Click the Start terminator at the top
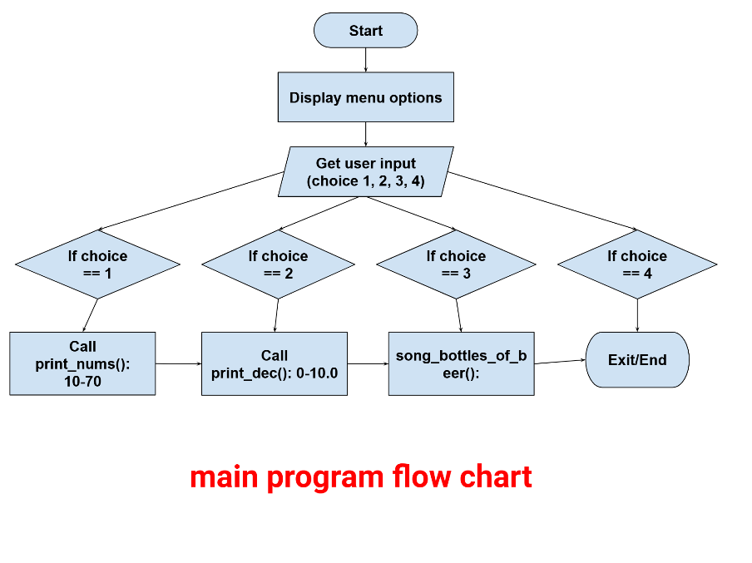coord(365,31)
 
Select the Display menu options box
coord(365,97)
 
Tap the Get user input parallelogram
coord(365,172)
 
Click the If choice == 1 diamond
coord(97,264)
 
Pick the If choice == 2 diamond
coord(278,264)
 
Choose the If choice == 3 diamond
coord(456,264)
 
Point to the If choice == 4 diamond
coord(636,264)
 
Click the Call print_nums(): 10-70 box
coord(82,363)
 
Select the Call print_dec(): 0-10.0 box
coord(274,363)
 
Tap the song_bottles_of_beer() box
coord(461,363)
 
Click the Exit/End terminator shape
coord(637,360)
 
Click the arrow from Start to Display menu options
coord(365,59)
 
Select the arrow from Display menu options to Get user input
coord(365,134)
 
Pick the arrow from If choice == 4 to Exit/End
coord(637,315)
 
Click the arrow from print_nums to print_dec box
coord(178,363)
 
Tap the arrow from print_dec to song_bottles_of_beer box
coord(368,363)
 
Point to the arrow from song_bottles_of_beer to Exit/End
coord(560,362)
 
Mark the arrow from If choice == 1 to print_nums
coord(90,315)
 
